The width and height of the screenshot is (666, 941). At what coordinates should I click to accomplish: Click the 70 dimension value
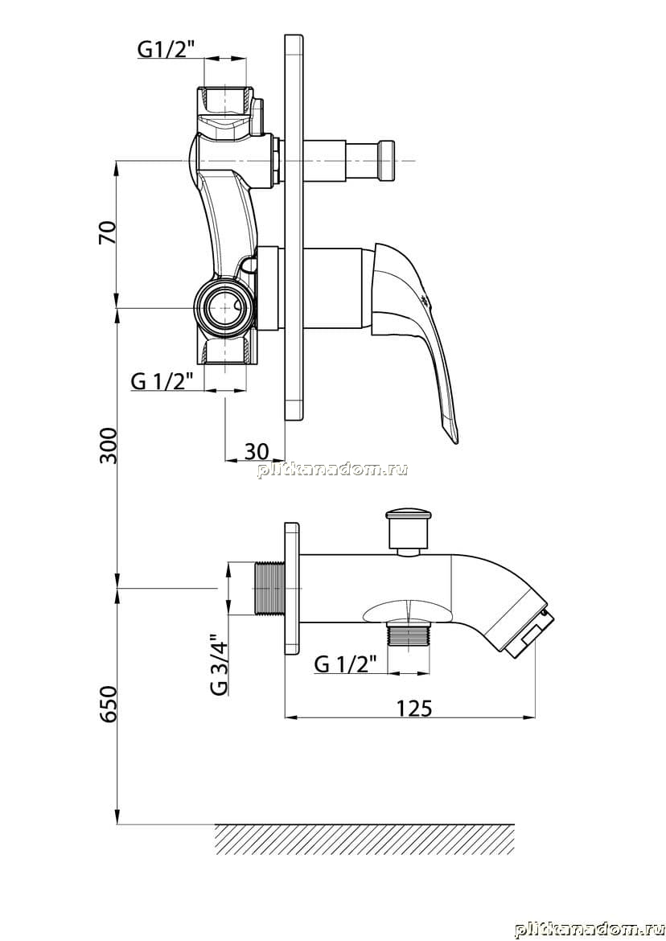(x=108, y=233)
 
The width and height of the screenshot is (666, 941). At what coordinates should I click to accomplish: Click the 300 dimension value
(x=108, y=446)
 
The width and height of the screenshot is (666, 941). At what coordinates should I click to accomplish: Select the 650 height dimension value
(x=108, y=704)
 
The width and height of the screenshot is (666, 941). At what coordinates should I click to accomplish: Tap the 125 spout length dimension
(x=413, y=708)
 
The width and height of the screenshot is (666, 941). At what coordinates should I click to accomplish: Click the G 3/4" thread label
(x=220, y=664)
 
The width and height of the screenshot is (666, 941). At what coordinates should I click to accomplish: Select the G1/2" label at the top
(x=166, y=49)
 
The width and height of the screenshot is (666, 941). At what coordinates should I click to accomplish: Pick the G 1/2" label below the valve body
(x=162, y=381)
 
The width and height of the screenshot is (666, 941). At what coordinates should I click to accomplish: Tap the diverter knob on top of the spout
(x=409, y=529)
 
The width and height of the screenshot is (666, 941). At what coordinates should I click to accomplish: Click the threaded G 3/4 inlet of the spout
(x=269, y=588)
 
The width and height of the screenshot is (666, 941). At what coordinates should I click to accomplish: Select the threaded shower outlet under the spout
(x=409, y=634)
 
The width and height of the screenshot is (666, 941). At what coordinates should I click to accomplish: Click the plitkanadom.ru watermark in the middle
(x=332, y=470)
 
